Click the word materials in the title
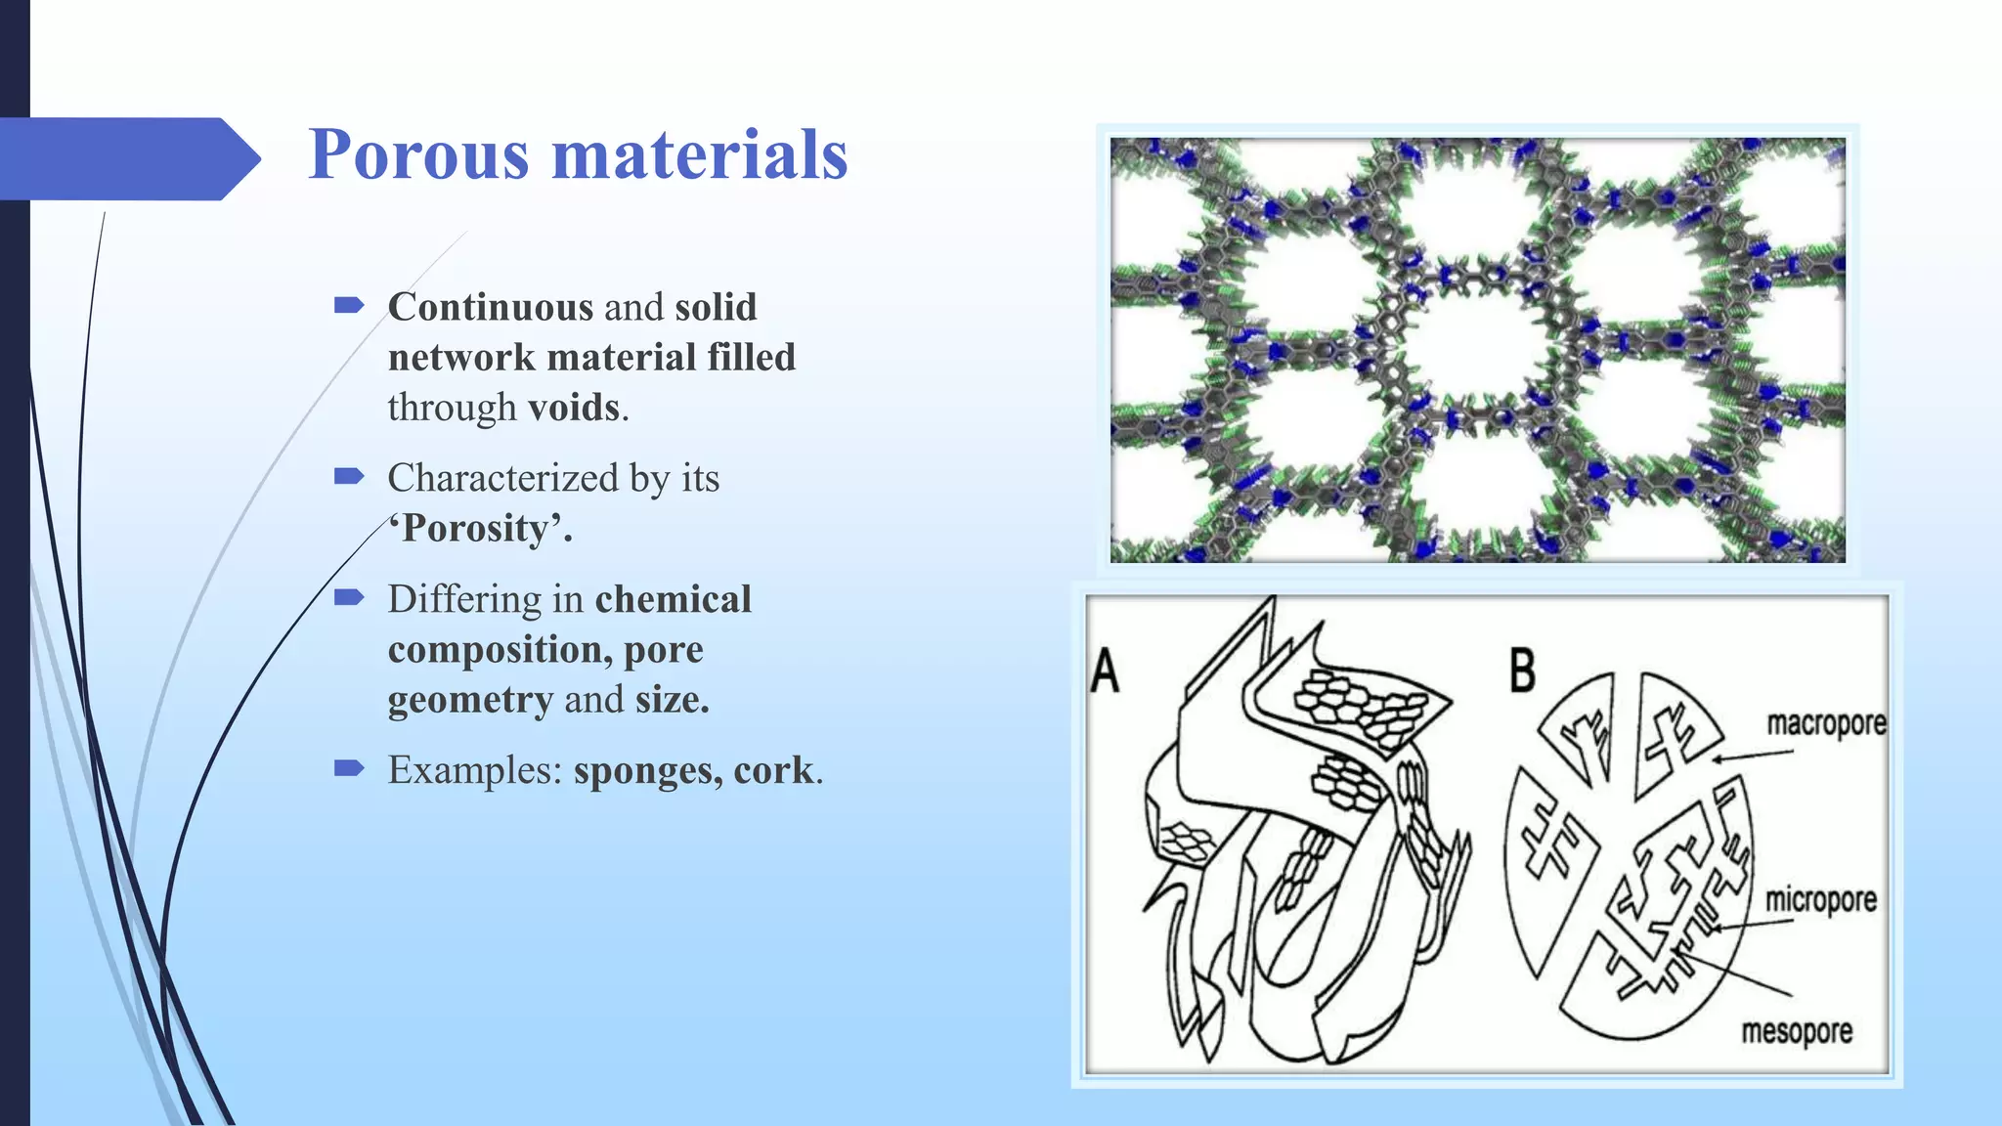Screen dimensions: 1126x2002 [699, 155]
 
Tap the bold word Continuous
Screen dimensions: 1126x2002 [490, 307]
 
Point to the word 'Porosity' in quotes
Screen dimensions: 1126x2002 [480, 529]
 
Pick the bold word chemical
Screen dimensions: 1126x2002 [673, 599]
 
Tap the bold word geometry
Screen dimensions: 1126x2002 [470, 700]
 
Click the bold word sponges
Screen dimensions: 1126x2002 [643, 770]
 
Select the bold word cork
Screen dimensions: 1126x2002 [773, 770]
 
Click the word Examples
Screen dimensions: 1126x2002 [474, 770]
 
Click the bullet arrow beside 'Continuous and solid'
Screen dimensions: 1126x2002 [348, 306]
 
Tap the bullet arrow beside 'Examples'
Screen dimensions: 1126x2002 [348, 768]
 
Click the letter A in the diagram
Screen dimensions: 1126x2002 [1105, 672]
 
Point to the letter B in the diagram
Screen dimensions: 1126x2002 [1522, 672]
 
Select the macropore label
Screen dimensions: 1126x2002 [1825, 724]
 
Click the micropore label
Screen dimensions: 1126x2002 [1820, 900]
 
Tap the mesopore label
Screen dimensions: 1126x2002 [1797, 1032]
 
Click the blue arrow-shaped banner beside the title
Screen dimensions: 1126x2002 [127, 159]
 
